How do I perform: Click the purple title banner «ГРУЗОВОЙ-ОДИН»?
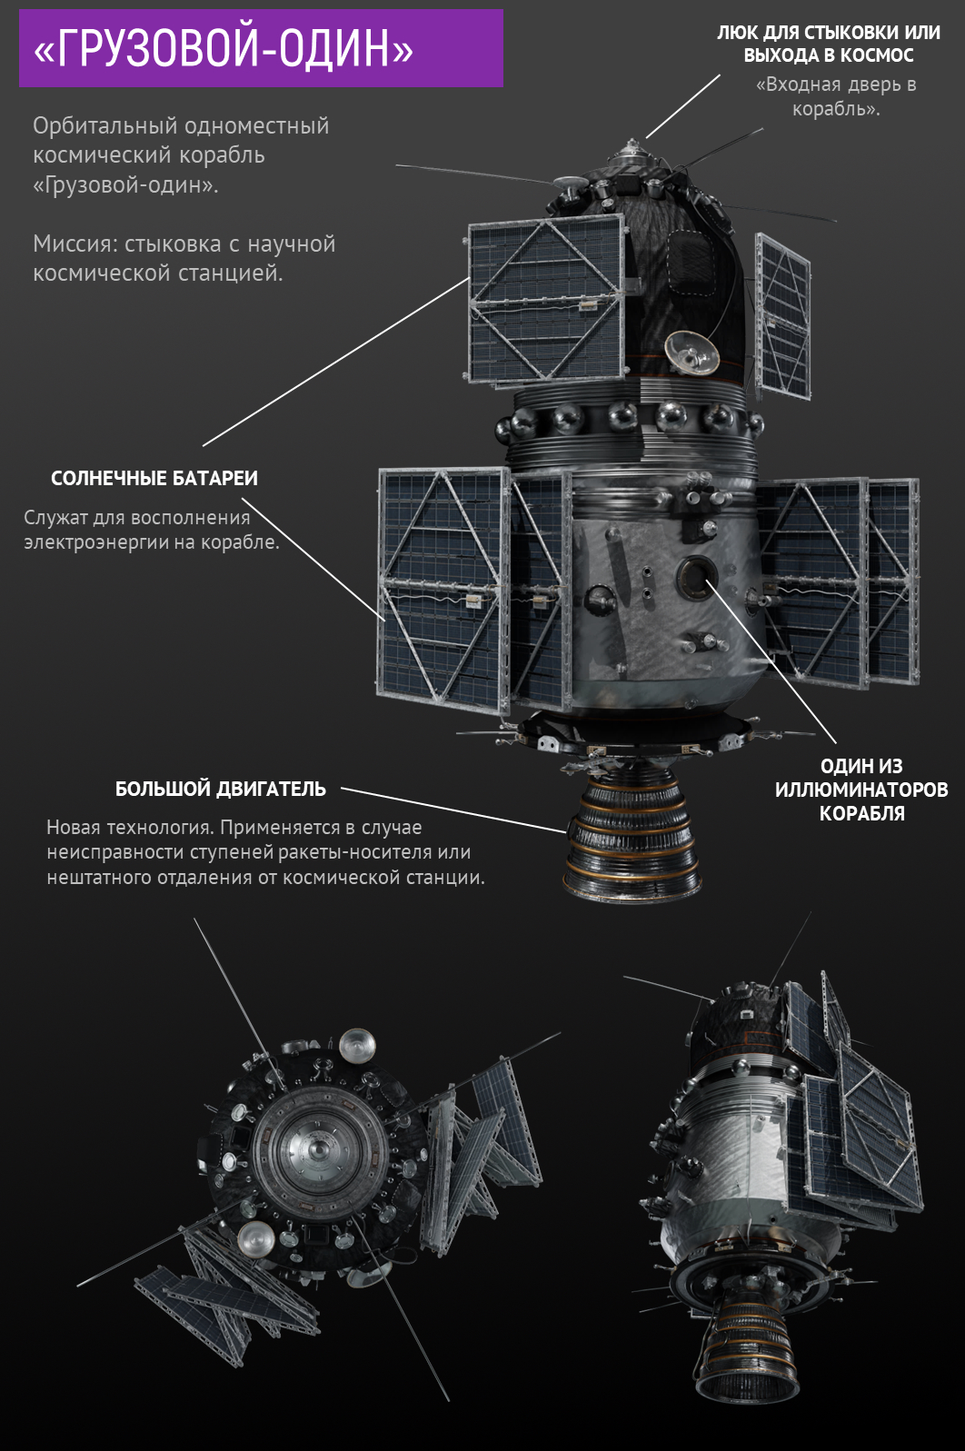coord(261,48)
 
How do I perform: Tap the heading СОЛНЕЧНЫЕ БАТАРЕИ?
coord(154,479)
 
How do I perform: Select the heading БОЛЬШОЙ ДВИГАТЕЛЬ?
coord(220,789)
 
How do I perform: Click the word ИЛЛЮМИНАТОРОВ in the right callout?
coord(861,790)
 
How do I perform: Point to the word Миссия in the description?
coord(75,244)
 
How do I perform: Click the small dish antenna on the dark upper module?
coord(691,353)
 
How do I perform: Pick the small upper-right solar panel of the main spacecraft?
coord(782,317)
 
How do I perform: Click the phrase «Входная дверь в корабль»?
coord(836,96)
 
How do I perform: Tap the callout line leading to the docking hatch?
coord(682,106)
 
